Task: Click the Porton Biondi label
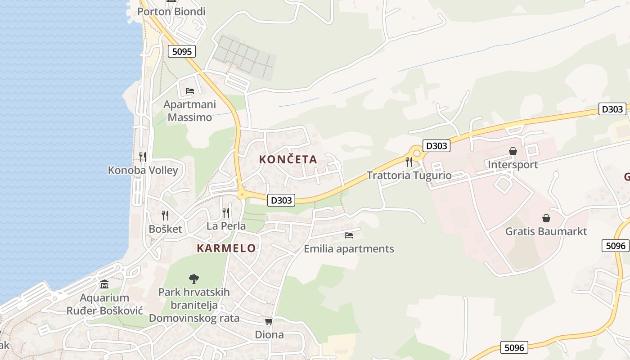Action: click(x=171, y=12)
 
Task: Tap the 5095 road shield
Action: click(x=182, y=51)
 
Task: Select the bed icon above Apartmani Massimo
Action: click(x=190, y=90)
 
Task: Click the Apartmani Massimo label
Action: click(x=189, y=111)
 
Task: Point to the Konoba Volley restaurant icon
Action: click(x=143, y=157)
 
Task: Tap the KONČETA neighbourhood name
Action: click(x=288, y=159)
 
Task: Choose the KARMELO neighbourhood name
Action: click(x=226, y=248)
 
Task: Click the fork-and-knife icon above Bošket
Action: click(x=165, y=215)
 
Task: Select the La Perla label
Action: click(x=226, y=226)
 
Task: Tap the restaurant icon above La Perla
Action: click(x=226, y=212)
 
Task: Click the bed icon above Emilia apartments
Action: click(x=349, y=235)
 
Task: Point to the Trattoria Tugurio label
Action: click(x=409, y=175)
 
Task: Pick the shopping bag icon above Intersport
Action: click(x=513, y=151)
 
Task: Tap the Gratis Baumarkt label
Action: click(x=546, y=231)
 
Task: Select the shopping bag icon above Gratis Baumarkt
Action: click(x=546, y=218)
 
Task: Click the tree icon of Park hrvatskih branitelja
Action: click(x=194, y=279)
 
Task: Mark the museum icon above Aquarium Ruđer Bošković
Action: click(x=105, y=284)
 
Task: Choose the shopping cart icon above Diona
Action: click(x=269, y=321)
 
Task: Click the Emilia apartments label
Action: click(x=349, y=249)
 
